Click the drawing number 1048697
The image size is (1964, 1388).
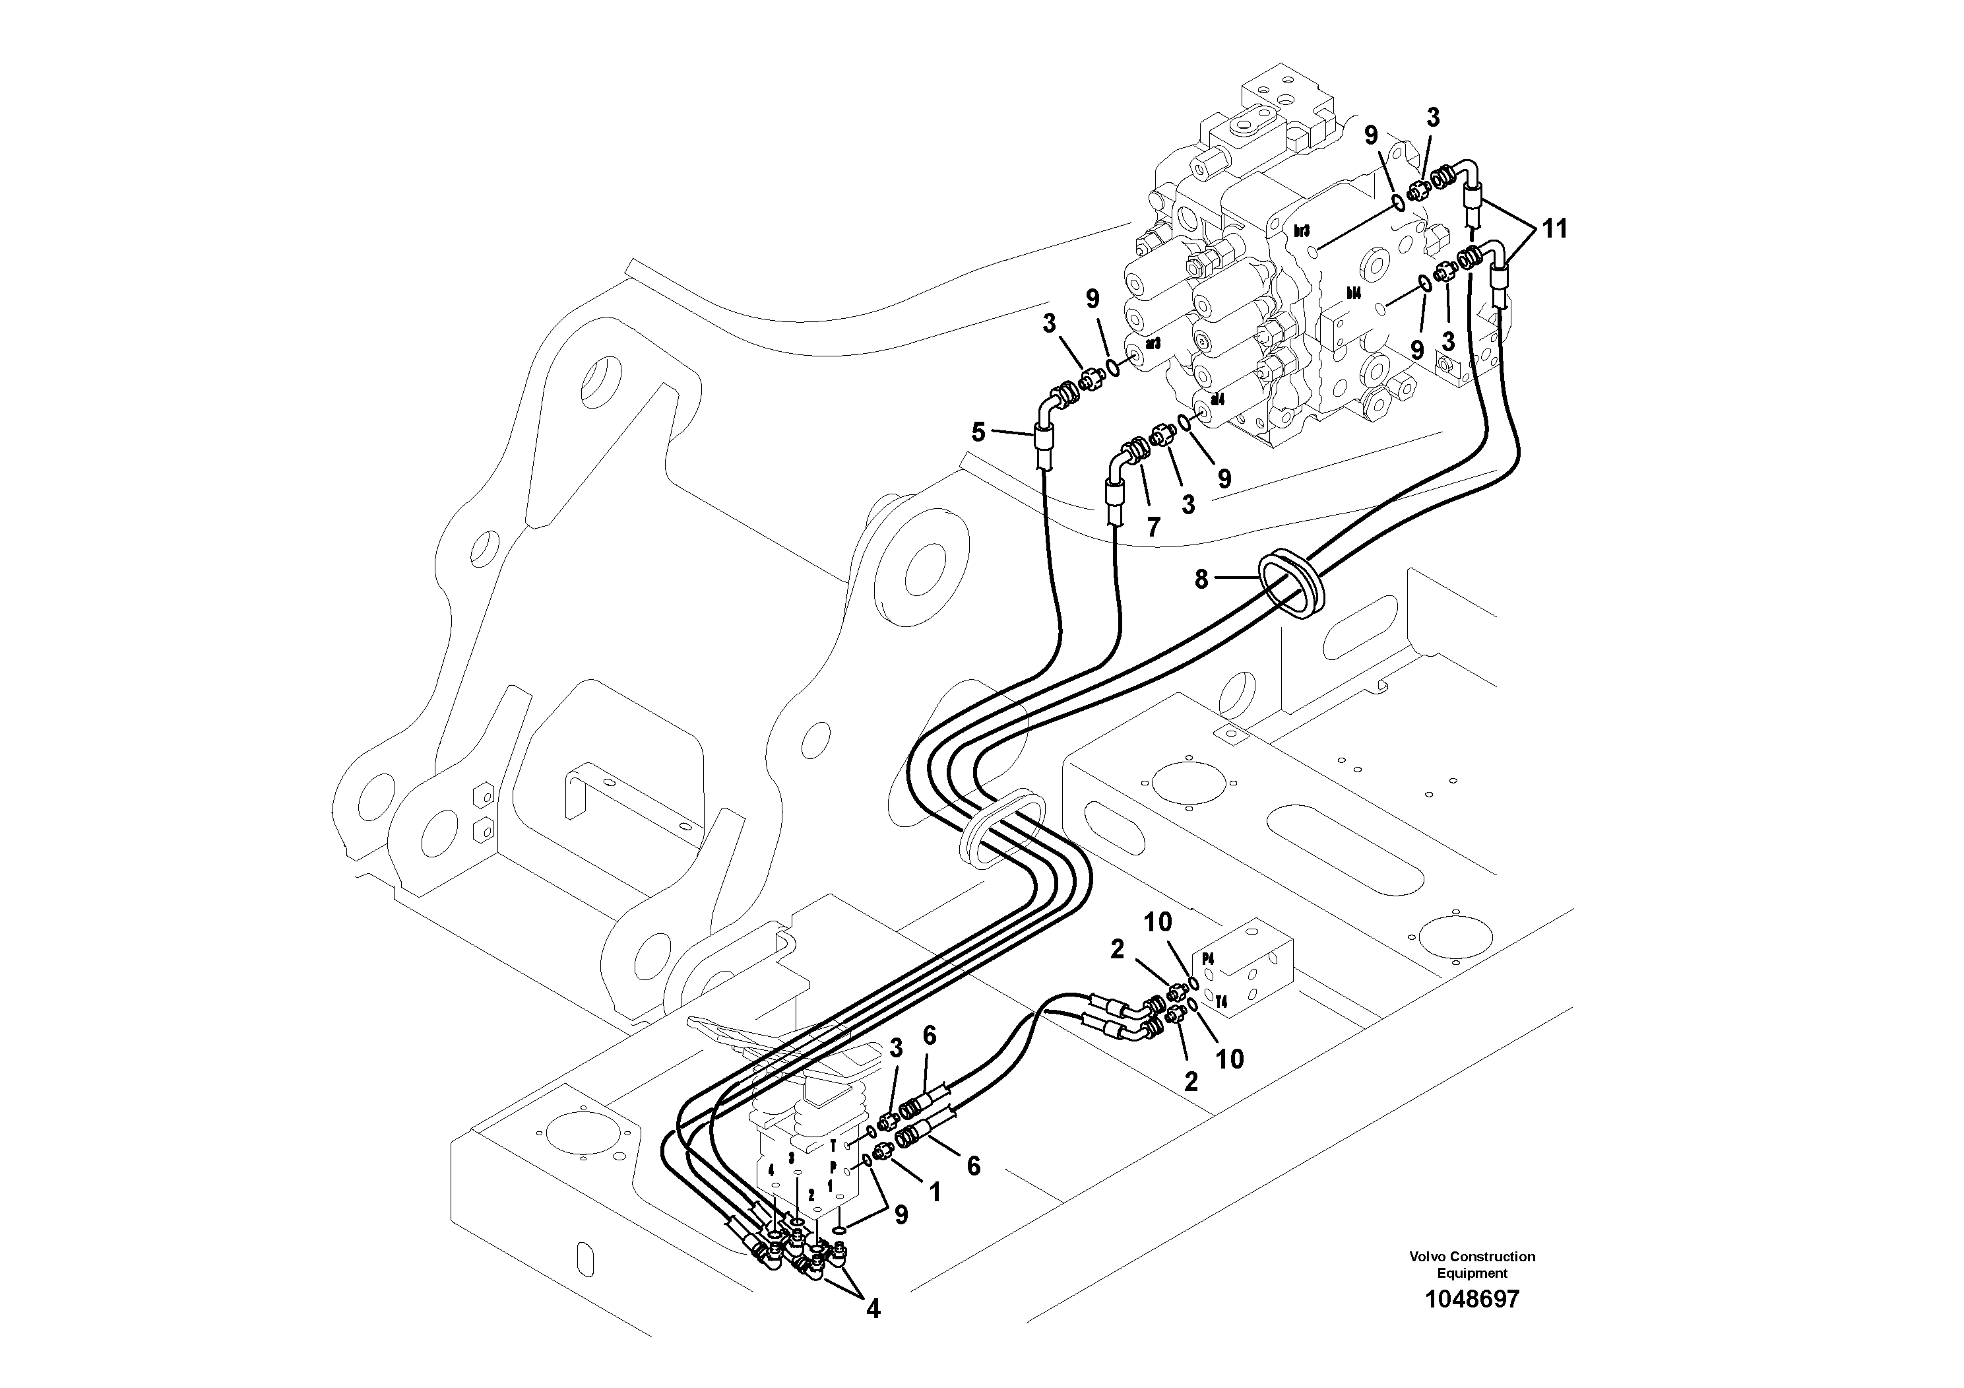1471,1299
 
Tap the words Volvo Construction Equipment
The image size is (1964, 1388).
1472,1264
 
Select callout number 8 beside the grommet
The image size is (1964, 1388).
1201,580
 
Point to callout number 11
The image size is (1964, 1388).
1554,229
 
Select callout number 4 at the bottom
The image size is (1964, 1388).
873,1308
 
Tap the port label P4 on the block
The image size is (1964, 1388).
1209,958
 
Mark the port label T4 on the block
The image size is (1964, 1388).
1222,1001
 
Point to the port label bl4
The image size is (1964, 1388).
1352,292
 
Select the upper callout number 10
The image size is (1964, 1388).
1158,923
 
